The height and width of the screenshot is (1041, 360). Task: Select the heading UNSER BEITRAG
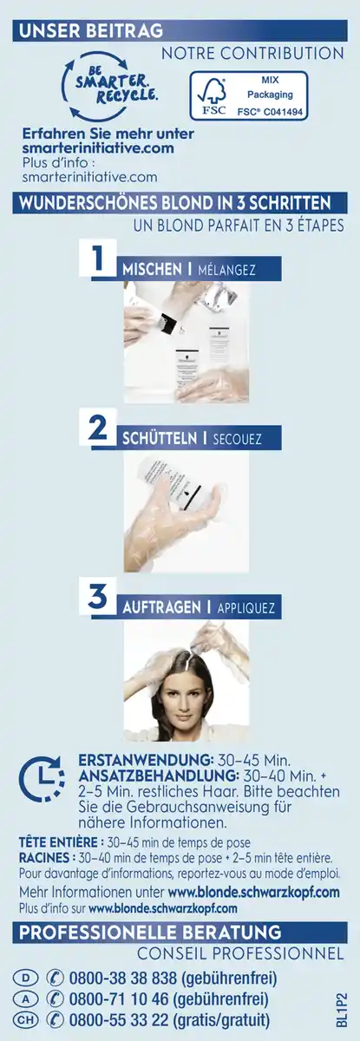coord(91,31)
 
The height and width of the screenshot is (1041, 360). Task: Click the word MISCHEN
coord(147,270)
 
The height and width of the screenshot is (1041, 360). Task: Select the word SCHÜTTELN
coord(156,438)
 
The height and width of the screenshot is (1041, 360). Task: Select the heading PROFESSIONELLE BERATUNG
coord(151,933)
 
